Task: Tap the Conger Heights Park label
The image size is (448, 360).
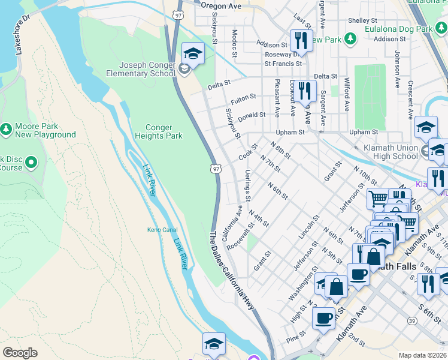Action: pyautogui.click(x=164, y=131)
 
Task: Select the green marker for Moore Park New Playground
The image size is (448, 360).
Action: pyautogui.click(x=6, y=129)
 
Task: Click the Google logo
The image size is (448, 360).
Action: pyautogui.click(x=20, y=353)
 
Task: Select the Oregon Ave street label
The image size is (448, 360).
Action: pyautogui.click(x=220, y=5)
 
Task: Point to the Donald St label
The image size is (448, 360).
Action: pyautogui.click(x=252, y=116)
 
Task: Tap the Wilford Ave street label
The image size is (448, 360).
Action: pyautogui.click(x=346, y=94)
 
